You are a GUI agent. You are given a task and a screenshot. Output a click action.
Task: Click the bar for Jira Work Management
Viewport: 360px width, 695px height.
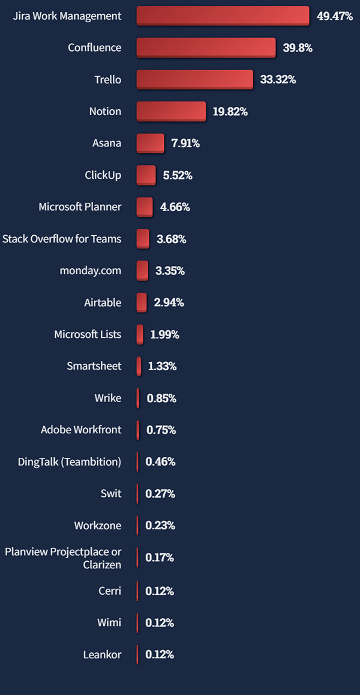[x=223, y=16]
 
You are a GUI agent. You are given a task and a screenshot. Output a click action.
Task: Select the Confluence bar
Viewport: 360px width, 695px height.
[x=206, y=47]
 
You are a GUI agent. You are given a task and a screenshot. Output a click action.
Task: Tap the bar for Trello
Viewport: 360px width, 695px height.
[x=194, y=79]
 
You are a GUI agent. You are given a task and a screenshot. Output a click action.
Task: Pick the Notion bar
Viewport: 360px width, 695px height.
[x=171, y=111]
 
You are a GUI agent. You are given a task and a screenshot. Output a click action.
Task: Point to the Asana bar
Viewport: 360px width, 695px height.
[x=150, y=143]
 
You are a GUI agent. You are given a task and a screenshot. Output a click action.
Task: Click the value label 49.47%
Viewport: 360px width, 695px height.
[x=334, y=16]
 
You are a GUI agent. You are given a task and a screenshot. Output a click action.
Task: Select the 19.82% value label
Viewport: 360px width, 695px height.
[x=230, y=111]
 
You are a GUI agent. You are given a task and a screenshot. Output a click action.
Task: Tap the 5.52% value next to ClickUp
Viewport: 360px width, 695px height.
[x=178, y=175]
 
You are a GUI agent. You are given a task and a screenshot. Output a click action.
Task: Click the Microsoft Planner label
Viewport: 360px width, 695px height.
[x=80, y=207]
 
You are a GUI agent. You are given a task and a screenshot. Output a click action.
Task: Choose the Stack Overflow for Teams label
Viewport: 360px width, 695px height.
[x=62, y=239]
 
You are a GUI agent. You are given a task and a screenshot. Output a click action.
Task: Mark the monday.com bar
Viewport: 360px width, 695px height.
[x=142, y=271]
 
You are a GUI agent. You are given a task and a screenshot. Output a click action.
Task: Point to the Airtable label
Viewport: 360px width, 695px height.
[x=103, y=302]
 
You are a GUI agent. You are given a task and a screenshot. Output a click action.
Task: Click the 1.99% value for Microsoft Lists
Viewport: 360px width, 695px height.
[x=164, y=334]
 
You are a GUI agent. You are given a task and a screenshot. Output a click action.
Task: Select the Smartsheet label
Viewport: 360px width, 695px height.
[x=94, y=366]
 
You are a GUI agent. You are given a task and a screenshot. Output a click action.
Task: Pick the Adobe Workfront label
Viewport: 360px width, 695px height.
[x=81, y=430]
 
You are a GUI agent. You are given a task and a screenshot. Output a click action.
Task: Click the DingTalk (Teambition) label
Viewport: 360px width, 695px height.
[x=70, y=462]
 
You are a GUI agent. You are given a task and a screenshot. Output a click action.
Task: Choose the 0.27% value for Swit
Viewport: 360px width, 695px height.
[x=160, y=494]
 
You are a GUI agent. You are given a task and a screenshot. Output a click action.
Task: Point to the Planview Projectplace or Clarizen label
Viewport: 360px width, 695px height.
[x=63, y=558]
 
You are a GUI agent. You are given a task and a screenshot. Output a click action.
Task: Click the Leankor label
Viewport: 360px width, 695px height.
[x=102, y=654]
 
